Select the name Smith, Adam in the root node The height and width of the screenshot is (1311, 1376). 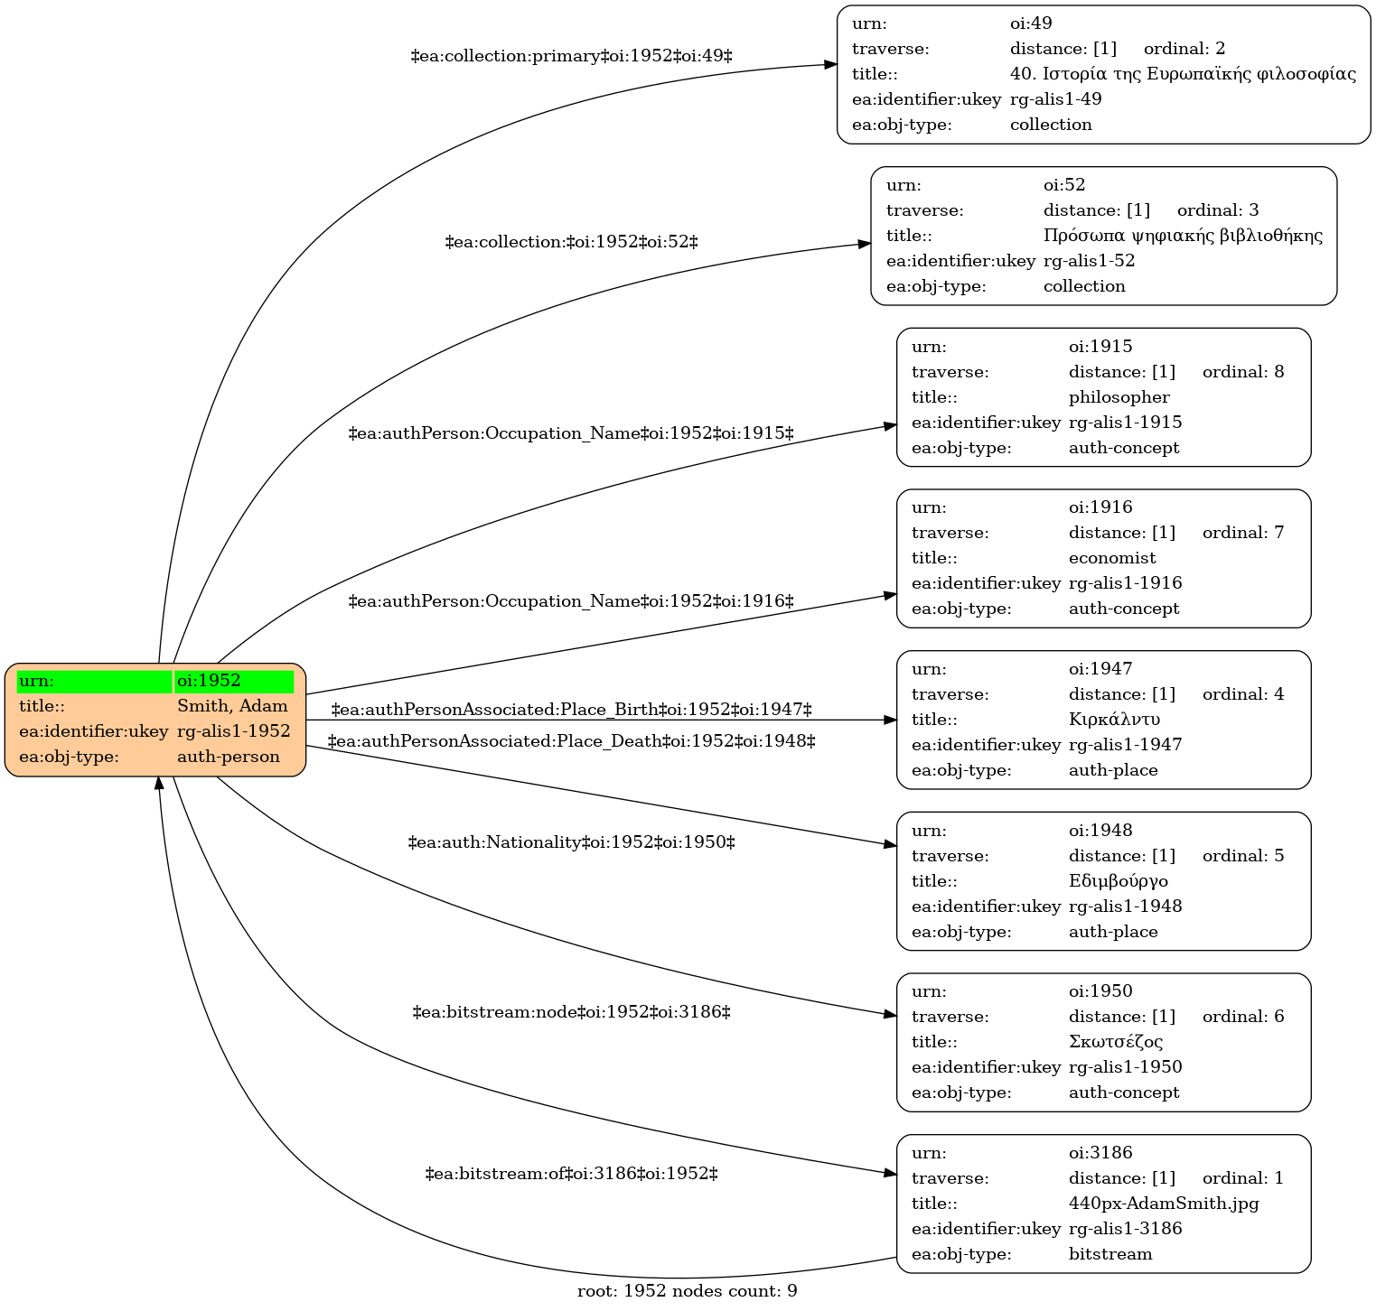point(232,706)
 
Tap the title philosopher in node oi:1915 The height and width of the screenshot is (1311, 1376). point(1119,397)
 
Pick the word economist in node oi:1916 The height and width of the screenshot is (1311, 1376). point(1112,558)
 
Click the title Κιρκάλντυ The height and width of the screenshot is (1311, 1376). point(1114,720)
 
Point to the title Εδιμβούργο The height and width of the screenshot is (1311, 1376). point(1119,880)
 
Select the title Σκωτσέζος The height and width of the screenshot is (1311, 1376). point(1116,1042)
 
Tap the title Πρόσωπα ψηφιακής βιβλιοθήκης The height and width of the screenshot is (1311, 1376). point(1183,236)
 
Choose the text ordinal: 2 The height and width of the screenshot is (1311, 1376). point(1184,49)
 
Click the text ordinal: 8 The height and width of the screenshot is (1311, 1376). point(1243,372)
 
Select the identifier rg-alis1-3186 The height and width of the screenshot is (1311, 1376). point(1125,1229)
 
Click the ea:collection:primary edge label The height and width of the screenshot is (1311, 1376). point(571,56)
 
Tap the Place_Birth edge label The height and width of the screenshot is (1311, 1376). point(571,710)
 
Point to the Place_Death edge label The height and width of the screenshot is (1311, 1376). point(571,741)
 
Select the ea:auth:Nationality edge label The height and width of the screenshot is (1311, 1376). point(571,842)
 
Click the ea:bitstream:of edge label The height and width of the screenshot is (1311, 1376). point(571,1174)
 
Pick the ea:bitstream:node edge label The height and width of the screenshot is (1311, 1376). point(571,1012)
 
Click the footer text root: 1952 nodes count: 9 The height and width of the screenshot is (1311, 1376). point(688,1291)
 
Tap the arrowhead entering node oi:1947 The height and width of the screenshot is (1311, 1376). point(890,720)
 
